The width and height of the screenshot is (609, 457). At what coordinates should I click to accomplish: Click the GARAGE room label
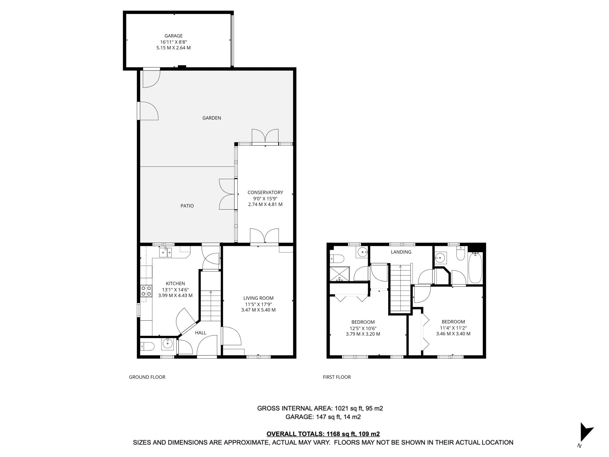(x=174, y=36)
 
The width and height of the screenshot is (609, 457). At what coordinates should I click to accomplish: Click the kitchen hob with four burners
(x=146, y=291)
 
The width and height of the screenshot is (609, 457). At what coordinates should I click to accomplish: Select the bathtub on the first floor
(x=475, y=268)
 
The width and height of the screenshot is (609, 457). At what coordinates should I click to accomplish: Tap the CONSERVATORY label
(x=265, y=192)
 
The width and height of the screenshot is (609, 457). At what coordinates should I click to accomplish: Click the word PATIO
(x=187, y=206)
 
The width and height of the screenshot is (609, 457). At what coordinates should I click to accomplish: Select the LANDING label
(x=401, y=252)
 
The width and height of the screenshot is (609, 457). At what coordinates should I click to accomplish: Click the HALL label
(x=200, y=333)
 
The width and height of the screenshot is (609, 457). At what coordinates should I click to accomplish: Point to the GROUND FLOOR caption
(x=147, y=377)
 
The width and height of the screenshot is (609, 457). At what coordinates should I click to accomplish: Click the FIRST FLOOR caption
(x=337, y=377)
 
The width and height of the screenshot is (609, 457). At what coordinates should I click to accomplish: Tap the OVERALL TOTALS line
(x=323, y=434)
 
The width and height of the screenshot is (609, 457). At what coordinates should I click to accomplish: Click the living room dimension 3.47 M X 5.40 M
(x=258, y=310)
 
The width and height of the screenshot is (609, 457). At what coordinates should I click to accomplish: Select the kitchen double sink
(x=165, y=253)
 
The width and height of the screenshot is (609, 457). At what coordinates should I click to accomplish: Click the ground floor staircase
(x=211, y=305)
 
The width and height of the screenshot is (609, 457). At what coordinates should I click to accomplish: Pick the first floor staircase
(x=400, y=288)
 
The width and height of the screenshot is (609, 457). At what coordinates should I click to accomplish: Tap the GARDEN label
(x=212, y=118)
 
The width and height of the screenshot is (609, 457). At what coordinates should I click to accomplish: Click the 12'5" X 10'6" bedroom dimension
(x=363, y=328)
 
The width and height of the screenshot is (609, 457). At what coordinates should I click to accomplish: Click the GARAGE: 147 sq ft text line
(x=323, y=417)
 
